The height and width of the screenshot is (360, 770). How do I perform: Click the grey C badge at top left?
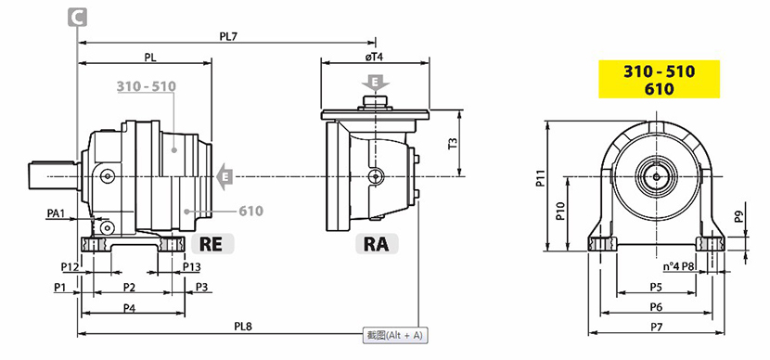coord(77,18)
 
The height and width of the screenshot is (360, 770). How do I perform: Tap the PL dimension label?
coord(150,57)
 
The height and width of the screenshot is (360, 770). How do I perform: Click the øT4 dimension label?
coord(374,57)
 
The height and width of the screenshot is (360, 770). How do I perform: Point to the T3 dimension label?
coord(454,144)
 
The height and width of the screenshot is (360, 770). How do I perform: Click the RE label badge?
coord(212,244)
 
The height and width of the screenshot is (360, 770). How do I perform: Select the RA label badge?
coord(377,244)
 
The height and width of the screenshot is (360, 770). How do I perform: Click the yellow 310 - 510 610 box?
coord(659,80)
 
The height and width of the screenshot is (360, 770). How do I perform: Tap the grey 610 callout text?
coord(251,212)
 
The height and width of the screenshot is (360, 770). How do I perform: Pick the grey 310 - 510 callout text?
coord(147,86)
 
